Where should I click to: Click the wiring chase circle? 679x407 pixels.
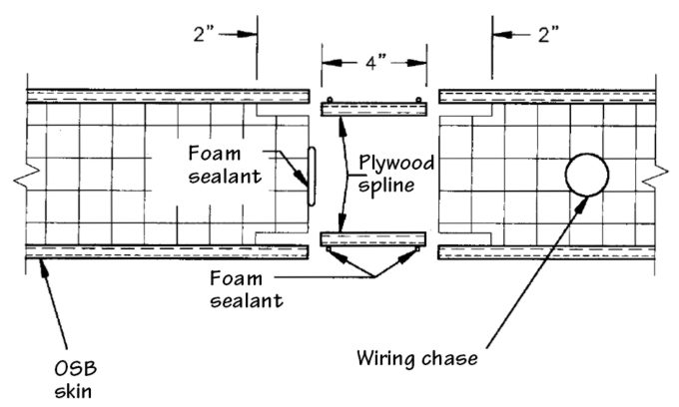point(586,177)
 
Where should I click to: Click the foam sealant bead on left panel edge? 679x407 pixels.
point(311,177)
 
